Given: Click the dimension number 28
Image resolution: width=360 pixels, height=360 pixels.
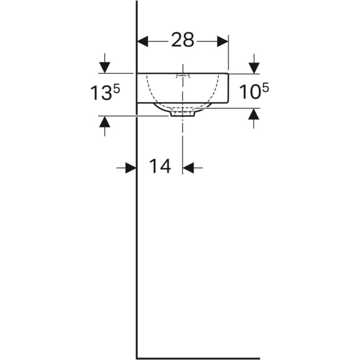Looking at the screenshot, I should point(183,40).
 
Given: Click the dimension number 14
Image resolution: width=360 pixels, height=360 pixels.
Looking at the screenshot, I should point(160,166).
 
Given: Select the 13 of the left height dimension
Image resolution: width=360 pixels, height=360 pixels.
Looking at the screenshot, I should point(101,94).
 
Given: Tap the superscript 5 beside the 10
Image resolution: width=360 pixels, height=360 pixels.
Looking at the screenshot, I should point(265,88).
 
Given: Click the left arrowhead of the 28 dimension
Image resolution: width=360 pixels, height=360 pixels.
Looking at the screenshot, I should point(143,41).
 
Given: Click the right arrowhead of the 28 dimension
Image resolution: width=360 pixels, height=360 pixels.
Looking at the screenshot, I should point(223,41).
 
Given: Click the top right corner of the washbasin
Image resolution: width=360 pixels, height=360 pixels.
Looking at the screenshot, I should point(228,73).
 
